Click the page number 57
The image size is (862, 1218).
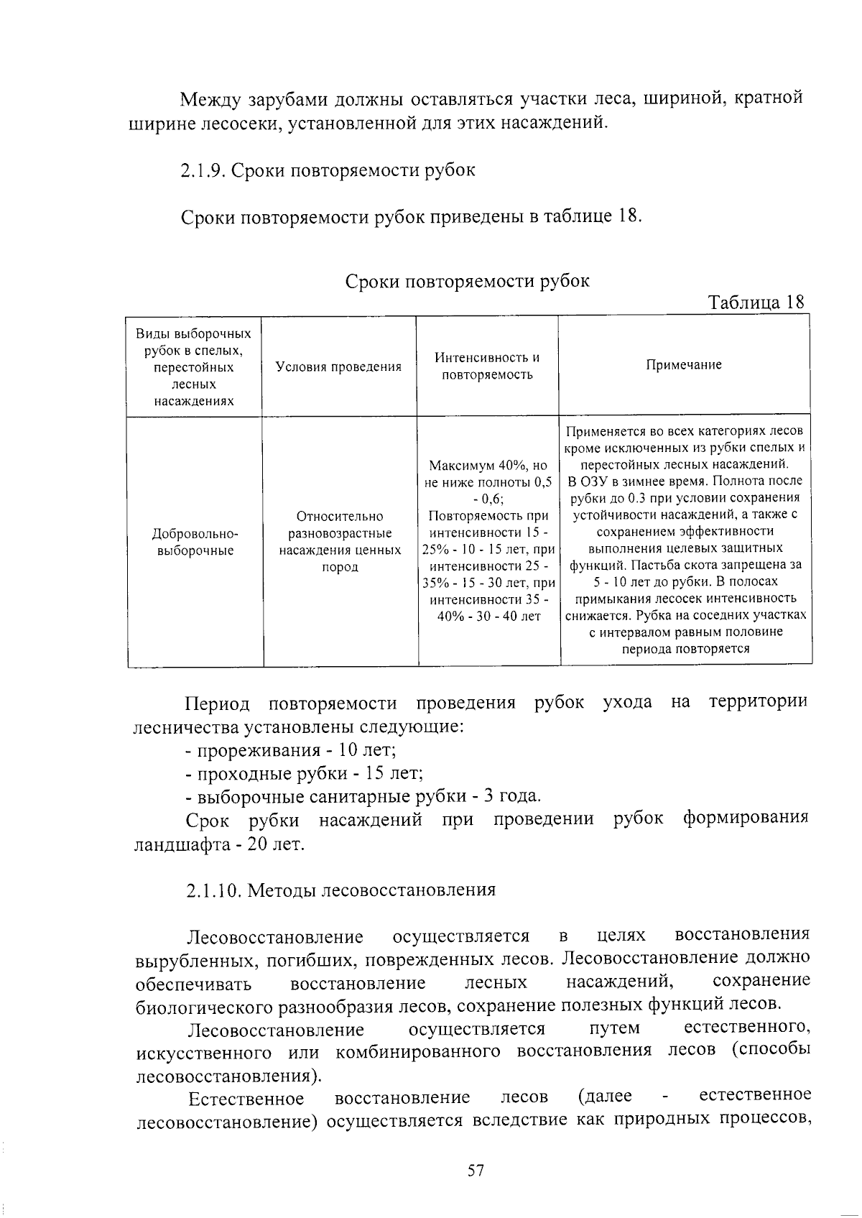[x=476, y=1171]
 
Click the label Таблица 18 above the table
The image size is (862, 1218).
[x=756, y=302]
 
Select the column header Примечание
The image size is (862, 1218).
[x=683, y=365]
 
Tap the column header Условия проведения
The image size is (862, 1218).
[x=338, y=367]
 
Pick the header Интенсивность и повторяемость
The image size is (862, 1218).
[x=487, y=366]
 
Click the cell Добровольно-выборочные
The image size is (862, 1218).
[x=195, y=543]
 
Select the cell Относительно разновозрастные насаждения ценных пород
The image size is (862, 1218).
[x=340, y=541]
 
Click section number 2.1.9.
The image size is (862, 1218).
[x=203, y=171]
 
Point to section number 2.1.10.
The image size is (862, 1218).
[x=213, y=890]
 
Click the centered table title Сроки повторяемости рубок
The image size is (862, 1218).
[x=468, y=281]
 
